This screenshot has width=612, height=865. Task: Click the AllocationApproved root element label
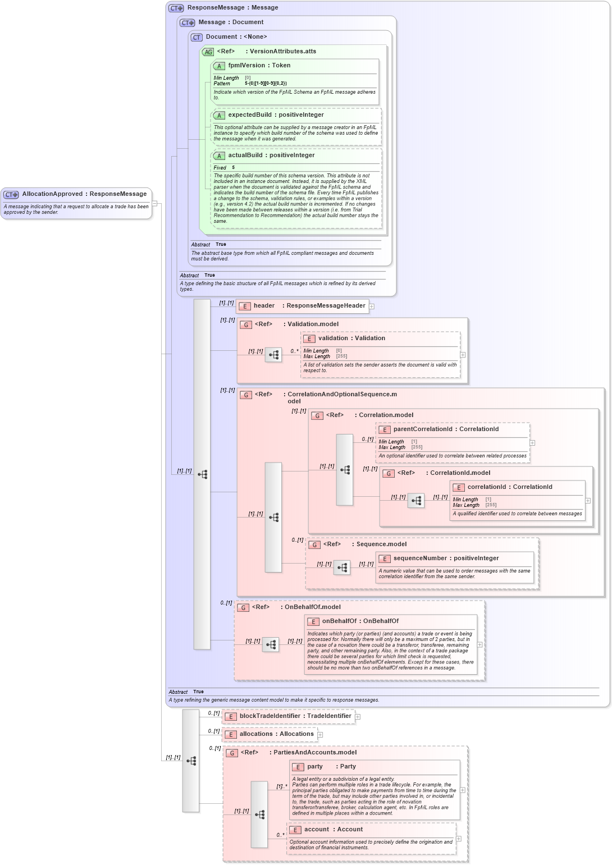click(84, 194)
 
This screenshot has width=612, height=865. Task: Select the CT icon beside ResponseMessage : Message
click(176, 8)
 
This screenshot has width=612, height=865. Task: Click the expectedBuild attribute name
click(276, 115)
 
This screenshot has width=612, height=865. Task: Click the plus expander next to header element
click(372, 306)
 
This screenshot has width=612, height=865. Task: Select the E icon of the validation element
click(309, 338)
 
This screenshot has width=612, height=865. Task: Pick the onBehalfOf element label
click(360, 621)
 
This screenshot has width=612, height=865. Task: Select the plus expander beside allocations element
click(320, 735)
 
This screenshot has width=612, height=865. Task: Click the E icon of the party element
click(298, 767)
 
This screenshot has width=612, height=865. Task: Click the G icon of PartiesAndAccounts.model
click(232, 753)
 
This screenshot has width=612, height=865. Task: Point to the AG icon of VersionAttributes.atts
click(208, 52)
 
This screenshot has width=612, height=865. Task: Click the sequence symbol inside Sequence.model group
click(342, 567)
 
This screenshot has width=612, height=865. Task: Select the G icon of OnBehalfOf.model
click(243, 607)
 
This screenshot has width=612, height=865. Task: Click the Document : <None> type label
click(236, 37)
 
